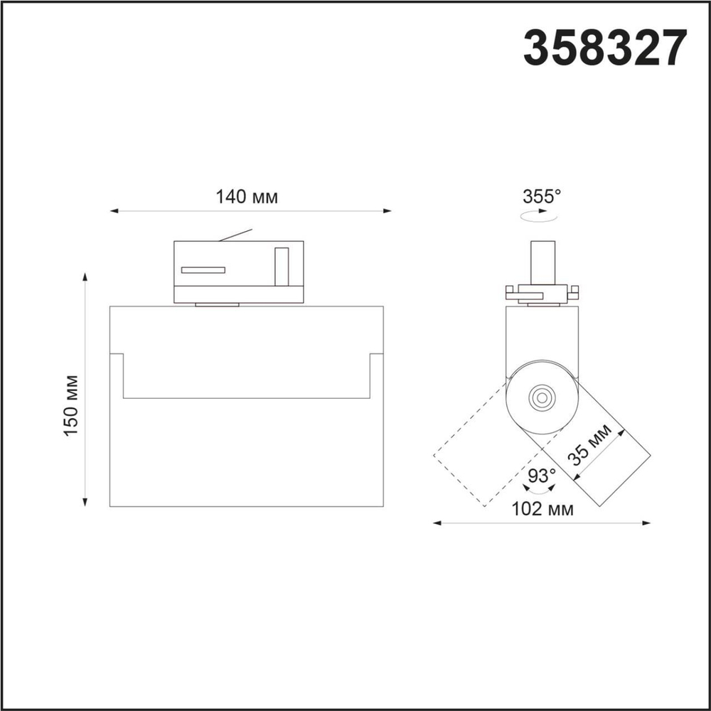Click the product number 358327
point(605,48)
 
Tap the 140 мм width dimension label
point(247,197)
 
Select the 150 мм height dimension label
point(72,405)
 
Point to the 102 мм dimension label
point(542,508)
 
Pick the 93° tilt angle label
point(541,475)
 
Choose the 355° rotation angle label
point(542,196)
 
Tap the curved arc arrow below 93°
point(540,490)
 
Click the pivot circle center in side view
point(542,396)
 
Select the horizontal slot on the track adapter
point(203,270)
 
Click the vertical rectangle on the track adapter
point(282,267)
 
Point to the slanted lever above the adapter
point(235,235)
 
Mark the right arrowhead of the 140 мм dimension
point(387,210)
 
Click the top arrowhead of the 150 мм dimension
point(85,277)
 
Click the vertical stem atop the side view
point(542,263)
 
